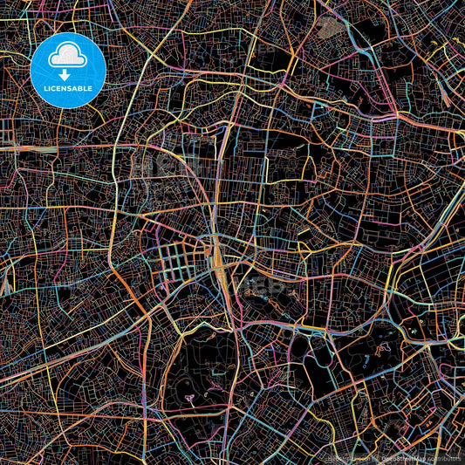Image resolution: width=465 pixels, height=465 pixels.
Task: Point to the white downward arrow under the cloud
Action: click(67, 75)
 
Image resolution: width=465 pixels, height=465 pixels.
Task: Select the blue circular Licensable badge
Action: click(67, 70)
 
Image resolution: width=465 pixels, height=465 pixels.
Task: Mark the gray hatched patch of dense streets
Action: click(328, 26)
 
